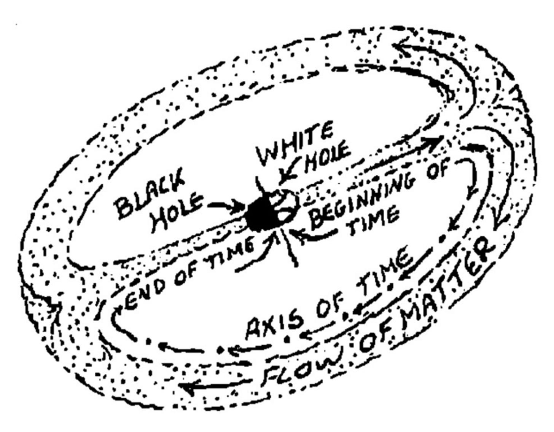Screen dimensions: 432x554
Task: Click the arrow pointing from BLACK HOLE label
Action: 226,207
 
